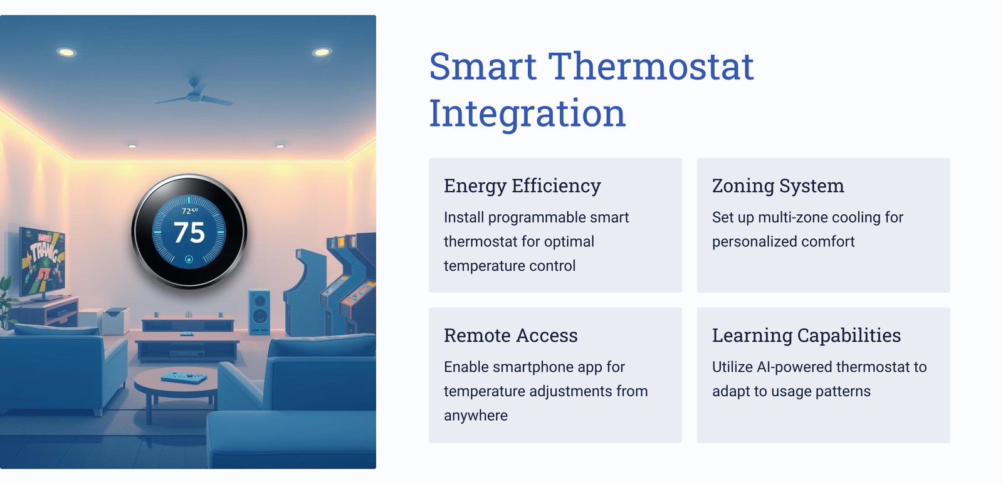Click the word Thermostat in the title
651,66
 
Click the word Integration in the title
527,114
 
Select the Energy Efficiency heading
522,186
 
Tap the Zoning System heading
778,186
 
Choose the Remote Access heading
510,335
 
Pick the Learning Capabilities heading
806,335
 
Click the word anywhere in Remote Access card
476,416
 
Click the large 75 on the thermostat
189,233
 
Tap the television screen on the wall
42,261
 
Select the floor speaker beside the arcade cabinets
260,312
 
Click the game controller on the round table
184,377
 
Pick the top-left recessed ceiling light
66,53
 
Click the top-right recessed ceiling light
322,53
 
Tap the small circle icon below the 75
189,259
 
